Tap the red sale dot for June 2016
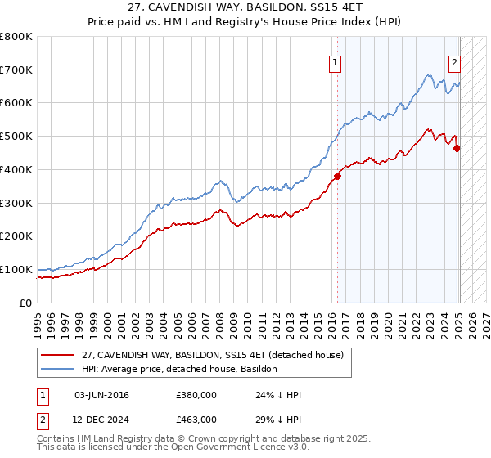coord(337,175)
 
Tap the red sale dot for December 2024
coord(457,148)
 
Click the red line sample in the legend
coord(58,354)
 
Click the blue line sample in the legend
coord(58,369)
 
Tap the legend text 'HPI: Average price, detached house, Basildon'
coord(179,369)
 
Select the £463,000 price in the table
coord(196,419)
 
